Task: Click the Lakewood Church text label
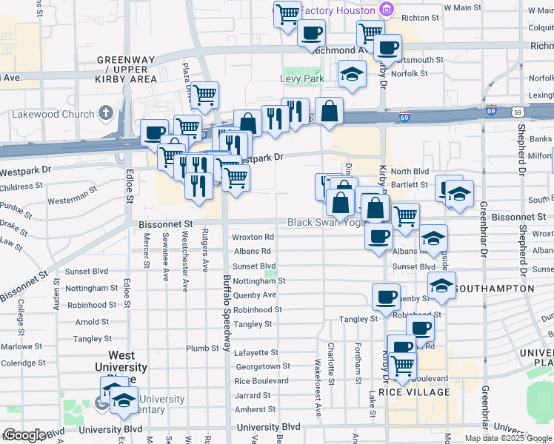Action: coord(53,114)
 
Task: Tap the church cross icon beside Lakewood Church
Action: coord(106,113)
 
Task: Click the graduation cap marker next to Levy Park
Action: coord(352,74)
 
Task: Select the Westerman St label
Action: coord(73,199)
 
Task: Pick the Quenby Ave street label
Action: coord(254,295)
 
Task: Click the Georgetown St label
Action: coord(262,366)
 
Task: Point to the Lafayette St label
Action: coord(256,352)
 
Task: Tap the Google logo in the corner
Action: coord(24,435)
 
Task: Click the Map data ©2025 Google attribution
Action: coord(508,438)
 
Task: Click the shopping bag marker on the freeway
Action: coord(329,111)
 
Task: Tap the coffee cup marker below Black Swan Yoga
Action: coord(379,237)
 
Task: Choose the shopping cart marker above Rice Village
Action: coord(402,366)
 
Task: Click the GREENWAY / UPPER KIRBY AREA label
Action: coord(127,69)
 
